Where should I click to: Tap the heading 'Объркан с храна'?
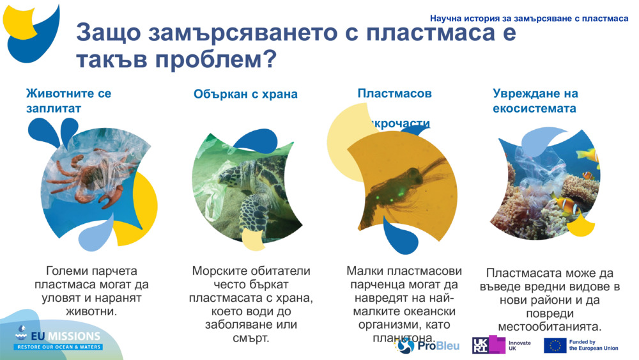click(x=245, y=94)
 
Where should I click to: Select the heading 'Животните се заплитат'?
click(x=68, y=100)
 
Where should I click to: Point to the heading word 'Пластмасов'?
click(x=394, y=93)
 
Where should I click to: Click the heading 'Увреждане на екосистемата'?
click(x=535, y=101)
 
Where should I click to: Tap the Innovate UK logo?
click(x=502, y=345)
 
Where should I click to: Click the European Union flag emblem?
click(x=555, y=345)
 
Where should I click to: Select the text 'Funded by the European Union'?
click(x=594, y=345)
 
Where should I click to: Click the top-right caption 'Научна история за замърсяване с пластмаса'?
click(x=529, y=19)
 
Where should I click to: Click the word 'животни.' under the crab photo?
click(x=93, y=312)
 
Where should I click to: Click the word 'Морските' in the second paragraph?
click(x=219, y=271)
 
